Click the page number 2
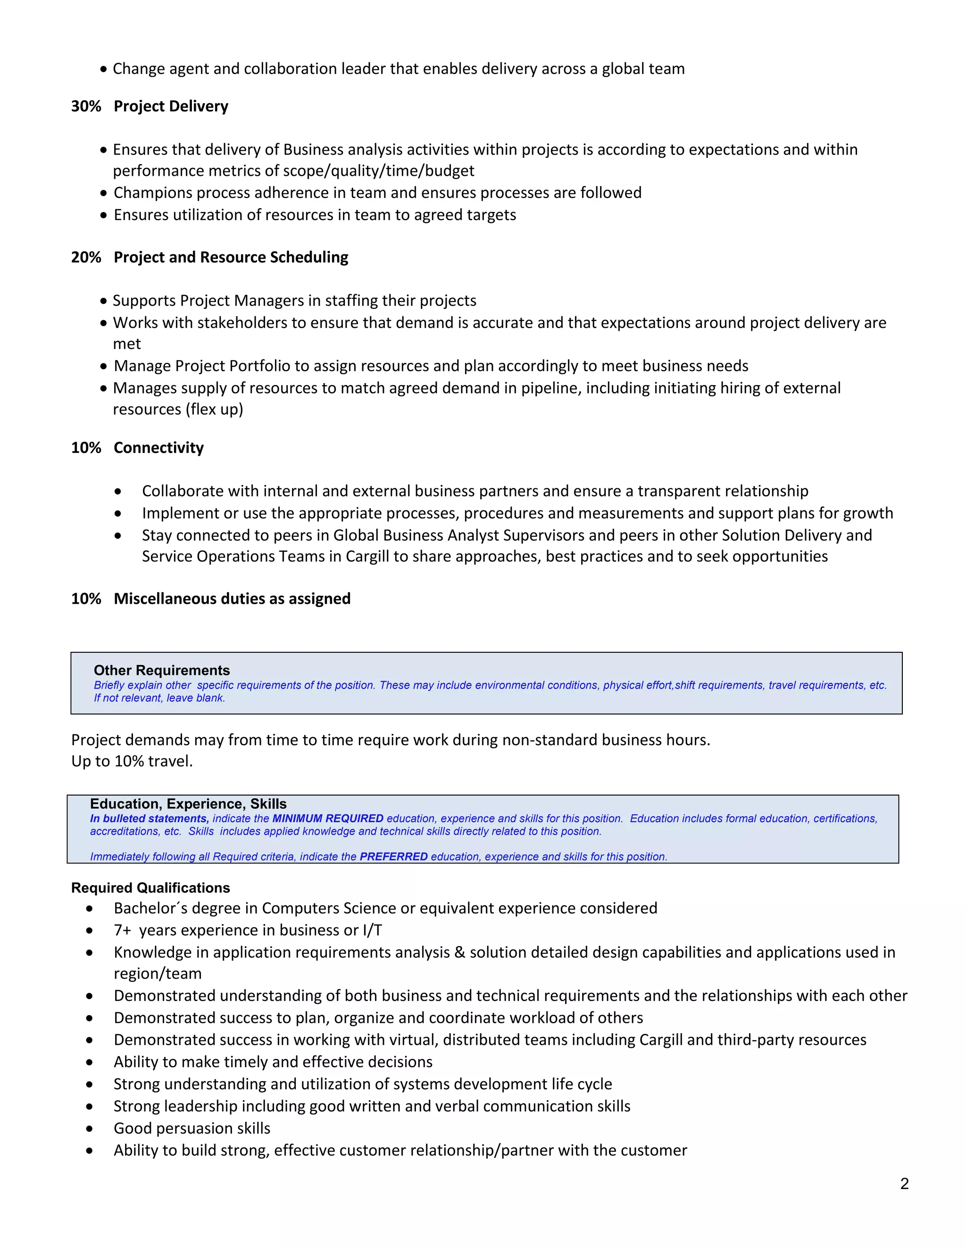point(904,1183)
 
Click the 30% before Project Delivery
point(86,107)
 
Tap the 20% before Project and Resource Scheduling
point(86,257)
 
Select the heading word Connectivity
point(158,448)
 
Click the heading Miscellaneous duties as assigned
point(232,599)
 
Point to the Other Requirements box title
point(161,670)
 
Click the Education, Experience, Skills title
point(188,804)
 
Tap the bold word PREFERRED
point(393,857)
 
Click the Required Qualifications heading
point(150,887)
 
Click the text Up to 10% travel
point(132,761)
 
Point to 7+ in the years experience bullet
point(123,930)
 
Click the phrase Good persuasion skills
point(192,1128)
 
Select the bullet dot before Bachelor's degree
point(89,909)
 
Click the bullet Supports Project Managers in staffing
point(294,301)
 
